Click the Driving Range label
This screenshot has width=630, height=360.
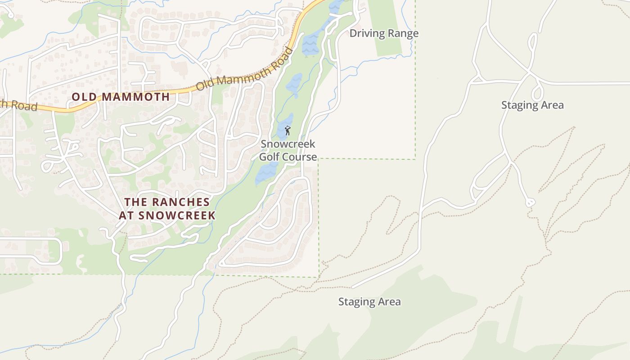pos(384,33)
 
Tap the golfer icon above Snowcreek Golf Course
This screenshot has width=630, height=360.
pos(288,131)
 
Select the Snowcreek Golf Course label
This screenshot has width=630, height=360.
pos(288,150)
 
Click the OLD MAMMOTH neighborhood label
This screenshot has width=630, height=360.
pos(121,97)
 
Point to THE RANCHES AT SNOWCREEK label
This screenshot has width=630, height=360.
pos(167,209)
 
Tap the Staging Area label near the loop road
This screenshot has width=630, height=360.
pos(532,105)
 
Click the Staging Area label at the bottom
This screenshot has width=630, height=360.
pos(369,302)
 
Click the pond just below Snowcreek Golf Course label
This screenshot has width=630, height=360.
pos(267,173)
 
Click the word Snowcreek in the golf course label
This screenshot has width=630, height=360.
pos(288,144)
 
